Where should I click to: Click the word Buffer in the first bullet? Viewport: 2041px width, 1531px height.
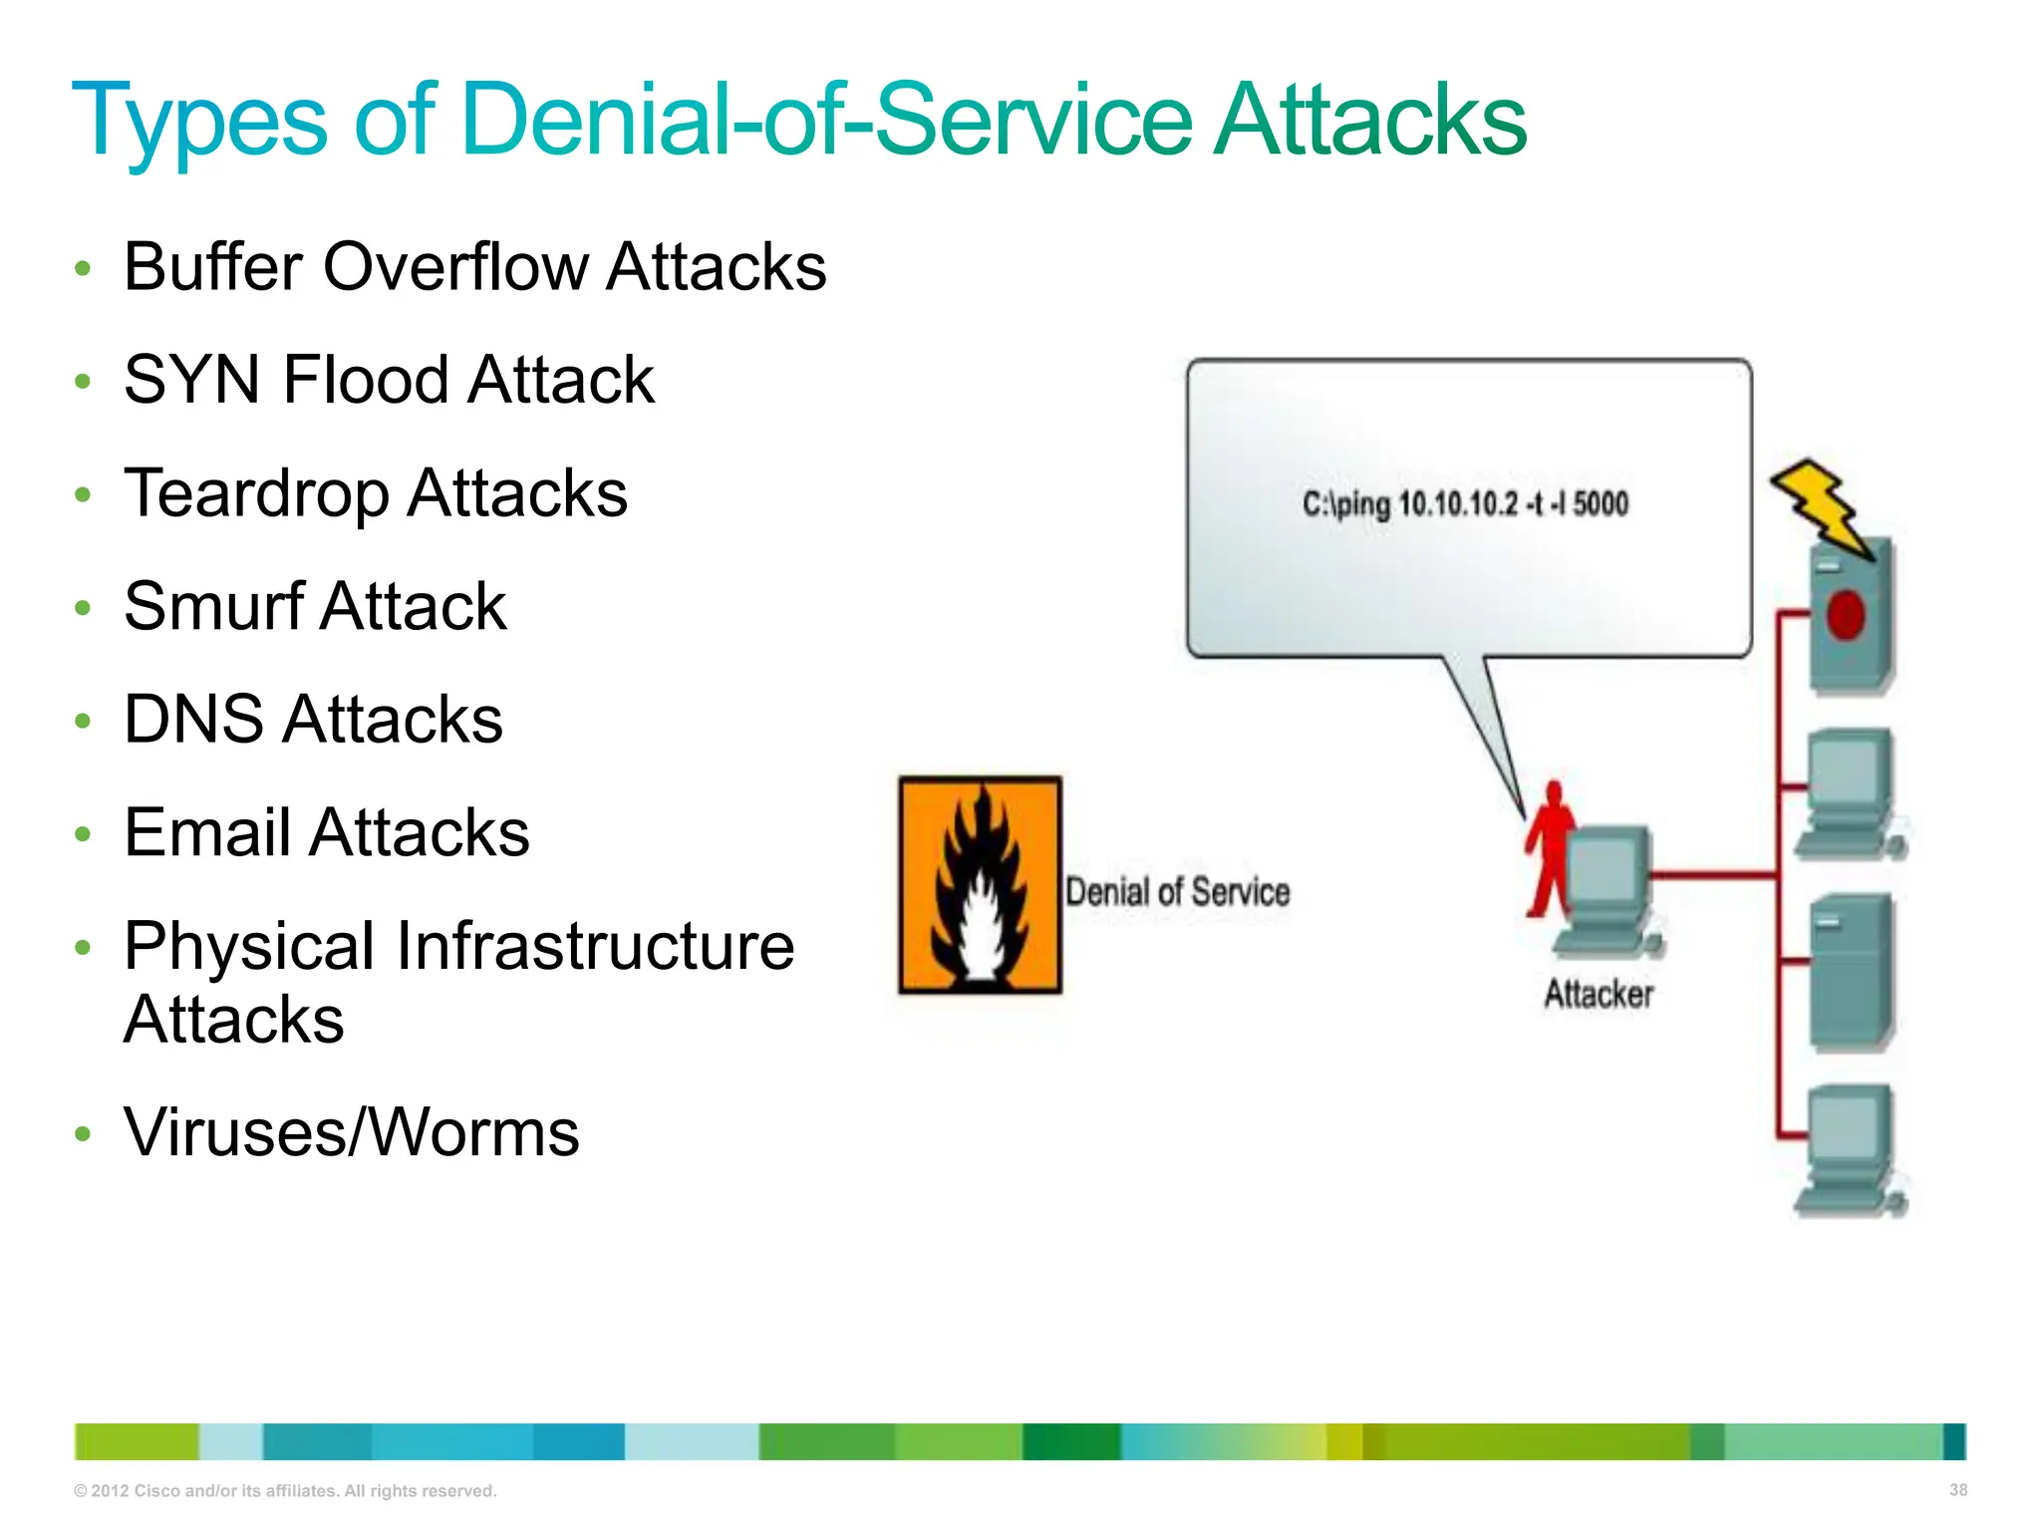click(x=212, y=267)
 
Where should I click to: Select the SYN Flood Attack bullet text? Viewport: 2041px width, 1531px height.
click(x=389, y=380)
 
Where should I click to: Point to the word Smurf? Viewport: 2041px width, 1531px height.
click(x=213, y=606)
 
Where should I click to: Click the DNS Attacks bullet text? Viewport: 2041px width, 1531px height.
click(x=313, y=720)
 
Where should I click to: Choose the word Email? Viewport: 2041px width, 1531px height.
click(x=206, y=833)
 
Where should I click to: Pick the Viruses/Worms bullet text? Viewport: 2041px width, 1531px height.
click(x=351, y=1133)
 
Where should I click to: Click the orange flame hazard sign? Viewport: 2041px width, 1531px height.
click(x=980, y=885)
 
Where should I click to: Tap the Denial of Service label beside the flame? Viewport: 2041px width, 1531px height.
click(x=1177, y=891)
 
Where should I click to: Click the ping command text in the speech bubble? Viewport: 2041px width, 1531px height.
click(x=1465, y=503)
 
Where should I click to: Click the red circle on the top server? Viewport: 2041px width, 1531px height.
click(x=1845, y=614)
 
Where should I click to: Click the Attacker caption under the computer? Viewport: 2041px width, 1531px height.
click(x=1599, y=994)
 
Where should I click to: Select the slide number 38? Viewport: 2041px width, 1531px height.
click(x=1957, y=1489)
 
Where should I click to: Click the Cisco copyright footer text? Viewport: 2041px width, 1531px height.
click(x=285, y=1491)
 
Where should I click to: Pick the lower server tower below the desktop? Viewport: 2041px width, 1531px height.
click(x=1851, y=972)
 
